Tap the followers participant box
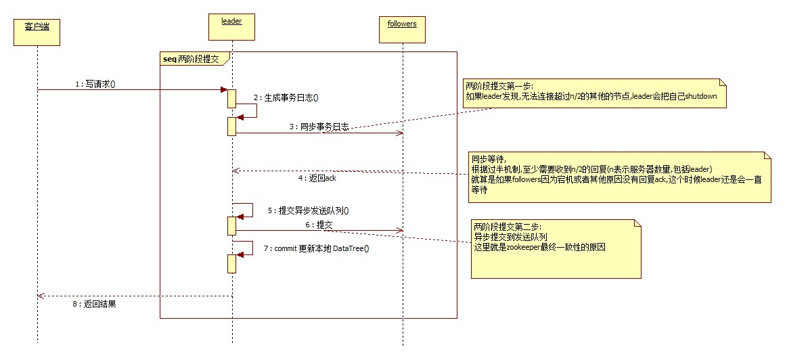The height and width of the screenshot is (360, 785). (x=402, y=24)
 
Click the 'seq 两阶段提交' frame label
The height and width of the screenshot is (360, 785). (x=194, y=59)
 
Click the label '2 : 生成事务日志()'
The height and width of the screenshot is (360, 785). (x=286, y=97)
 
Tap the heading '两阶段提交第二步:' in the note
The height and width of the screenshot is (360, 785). (x=507, y=226)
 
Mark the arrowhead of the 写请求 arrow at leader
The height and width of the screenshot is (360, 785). (x=225, y=89)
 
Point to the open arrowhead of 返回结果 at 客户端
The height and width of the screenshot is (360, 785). (x=40, y=296)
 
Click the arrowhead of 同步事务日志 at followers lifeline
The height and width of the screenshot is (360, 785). (x=400, y=133)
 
